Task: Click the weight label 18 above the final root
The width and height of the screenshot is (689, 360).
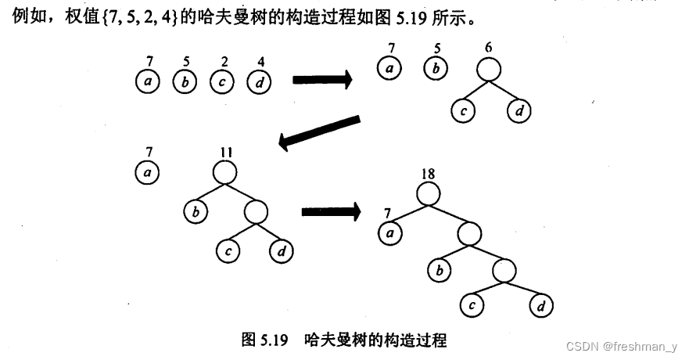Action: point(427,173)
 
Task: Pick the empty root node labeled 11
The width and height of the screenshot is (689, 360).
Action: point(224,171)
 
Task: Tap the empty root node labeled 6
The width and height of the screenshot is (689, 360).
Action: point(489,70)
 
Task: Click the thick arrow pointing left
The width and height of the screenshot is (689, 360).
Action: point(319,132)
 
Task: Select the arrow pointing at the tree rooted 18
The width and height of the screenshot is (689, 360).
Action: point(331,211)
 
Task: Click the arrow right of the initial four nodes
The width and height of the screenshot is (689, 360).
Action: point(322,78)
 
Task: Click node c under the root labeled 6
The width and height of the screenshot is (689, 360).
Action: point(463,111)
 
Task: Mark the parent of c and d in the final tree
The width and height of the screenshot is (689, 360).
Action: point(504,270)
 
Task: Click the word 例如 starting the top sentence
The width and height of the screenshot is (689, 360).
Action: point(27,13)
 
